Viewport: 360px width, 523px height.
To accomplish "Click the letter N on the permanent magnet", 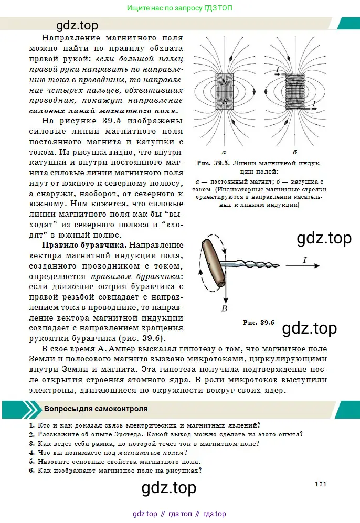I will (x=224, y=82).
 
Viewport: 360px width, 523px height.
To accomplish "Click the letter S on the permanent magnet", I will (x=225, y=102).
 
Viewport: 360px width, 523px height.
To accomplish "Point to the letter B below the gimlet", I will (x=224, y=308).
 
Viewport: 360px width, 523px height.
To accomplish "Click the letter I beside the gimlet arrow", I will (x=305, y=260).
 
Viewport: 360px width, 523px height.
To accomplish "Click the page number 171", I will (x=321, y=484).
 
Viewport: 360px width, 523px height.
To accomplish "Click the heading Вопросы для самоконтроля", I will (x=96, y=409).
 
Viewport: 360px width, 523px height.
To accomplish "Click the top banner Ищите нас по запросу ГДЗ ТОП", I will (x=179, y=8).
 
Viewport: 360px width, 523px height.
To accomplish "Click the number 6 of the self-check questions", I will (x=31, y=471).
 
